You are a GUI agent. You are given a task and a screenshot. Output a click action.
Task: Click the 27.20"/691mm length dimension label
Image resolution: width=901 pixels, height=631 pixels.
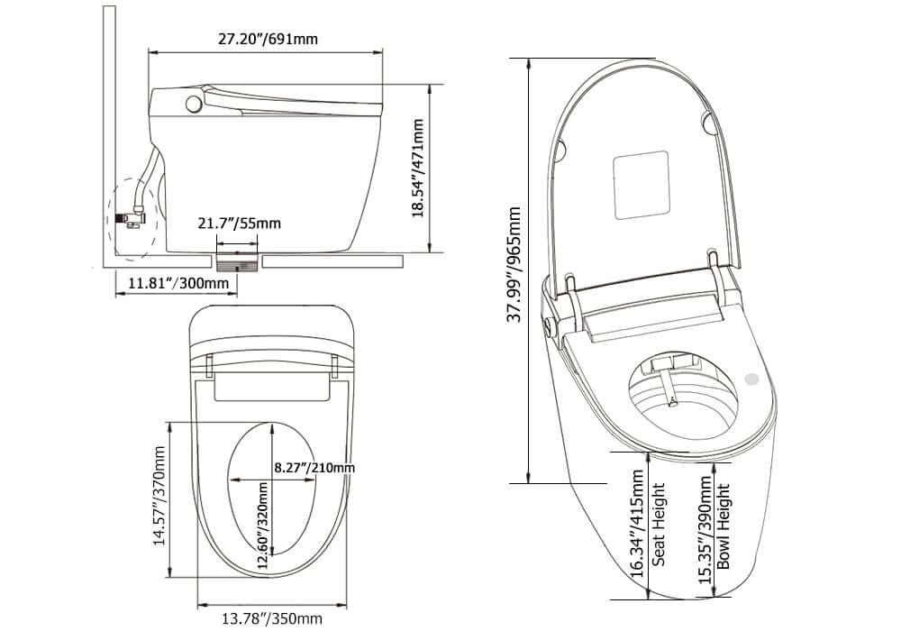(268, 39)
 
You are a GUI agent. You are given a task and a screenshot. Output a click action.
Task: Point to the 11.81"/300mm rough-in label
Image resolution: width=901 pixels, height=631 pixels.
(178, 284)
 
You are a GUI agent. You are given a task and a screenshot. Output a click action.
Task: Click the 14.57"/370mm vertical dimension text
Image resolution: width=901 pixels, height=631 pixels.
(159, 496)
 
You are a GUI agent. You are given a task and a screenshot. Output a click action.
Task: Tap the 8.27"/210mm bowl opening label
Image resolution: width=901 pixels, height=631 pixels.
(314, 468)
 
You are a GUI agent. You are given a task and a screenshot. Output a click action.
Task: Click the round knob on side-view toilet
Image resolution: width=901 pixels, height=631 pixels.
(192, 104)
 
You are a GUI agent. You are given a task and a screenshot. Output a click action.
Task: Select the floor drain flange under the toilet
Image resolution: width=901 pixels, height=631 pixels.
(239, 261)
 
